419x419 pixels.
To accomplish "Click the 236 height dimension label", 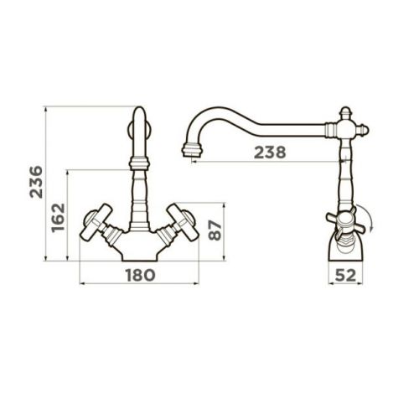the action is (36, 182).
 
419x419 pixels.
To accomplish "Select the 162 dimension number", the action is (58, 218).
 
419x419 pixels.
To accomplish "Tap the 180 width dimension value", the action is (140, 275).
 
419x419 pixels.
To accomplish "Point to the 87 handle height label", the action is (215, 230).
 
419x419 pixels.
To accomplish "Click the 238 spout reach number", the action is (270, 153).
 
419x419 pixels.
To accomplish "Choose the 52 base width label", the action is (345, 276).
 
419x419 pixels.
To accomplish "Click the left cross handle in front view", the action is (96, 222).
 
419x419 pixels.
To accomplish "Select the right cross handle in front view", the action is (183, 222).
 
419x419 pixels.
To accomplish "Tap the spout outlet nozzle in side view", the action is (192, 150).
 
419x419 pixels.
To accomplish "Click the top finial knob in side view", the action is (346, 113).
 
